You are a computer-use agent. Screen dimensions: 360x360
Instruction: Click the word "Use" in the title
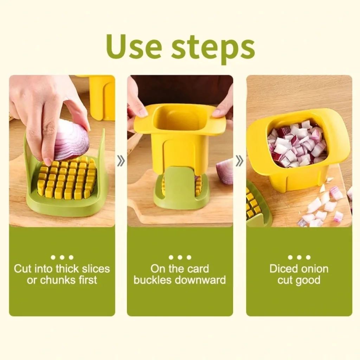[134, 47]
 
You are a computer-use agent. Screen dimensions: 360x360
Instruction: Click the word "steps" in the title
[213, 49]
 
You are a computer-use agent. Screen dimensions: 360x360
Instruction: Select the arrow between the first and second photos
[121, 161]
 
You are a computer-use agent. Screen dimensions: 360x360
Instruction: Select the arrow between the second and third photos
[239, 161]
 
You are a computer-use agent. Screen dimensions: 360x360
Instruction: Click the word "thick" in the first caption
[68, 269]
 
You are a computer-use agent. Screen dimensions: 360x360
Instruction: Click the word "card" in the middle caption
[198, 269]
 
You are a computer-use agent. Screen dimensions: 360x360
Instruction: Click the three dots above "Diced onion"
[299, 257]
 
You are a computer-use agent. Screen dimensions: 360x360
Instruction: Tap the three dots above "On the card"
[180, 257]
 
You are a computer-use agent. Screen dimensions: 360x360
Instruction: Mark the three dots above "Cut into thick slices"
[62, 257]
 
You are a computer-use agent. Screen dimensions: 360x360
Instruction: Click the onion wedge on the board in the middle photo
[225, 172]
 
